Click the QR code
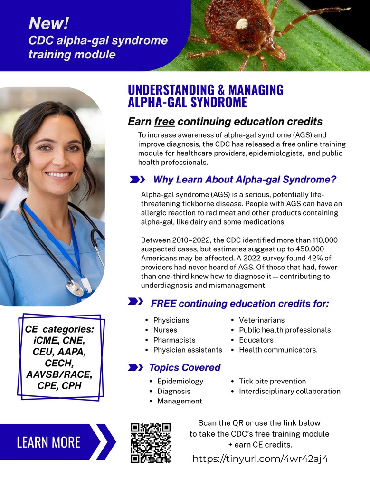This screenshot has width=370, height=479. (150, 443)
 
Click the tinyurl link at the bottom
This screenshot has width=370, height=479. (260, 459)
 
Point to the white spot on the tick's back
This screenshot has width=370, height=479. (242, 23)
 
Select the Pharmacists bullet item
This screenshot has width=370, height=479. (174, 340)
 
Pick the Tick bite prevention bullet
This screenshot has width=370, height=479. (272, 381)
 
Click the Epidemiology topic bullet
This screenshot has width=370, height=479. (180, 381)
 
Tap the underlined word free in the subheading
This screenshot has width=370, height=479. (164, 122)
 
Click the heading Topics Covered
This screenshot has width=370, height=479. (185, 367)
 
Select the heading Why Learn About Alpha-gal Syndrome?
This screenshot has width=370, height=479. (245, 180)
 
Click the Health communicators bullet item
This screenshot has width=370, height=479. (278, 350)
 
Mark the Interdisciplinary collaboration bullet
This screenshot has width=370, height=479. (289, 391)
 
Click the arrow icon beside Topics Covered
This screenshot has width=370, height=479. (136, 367)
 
